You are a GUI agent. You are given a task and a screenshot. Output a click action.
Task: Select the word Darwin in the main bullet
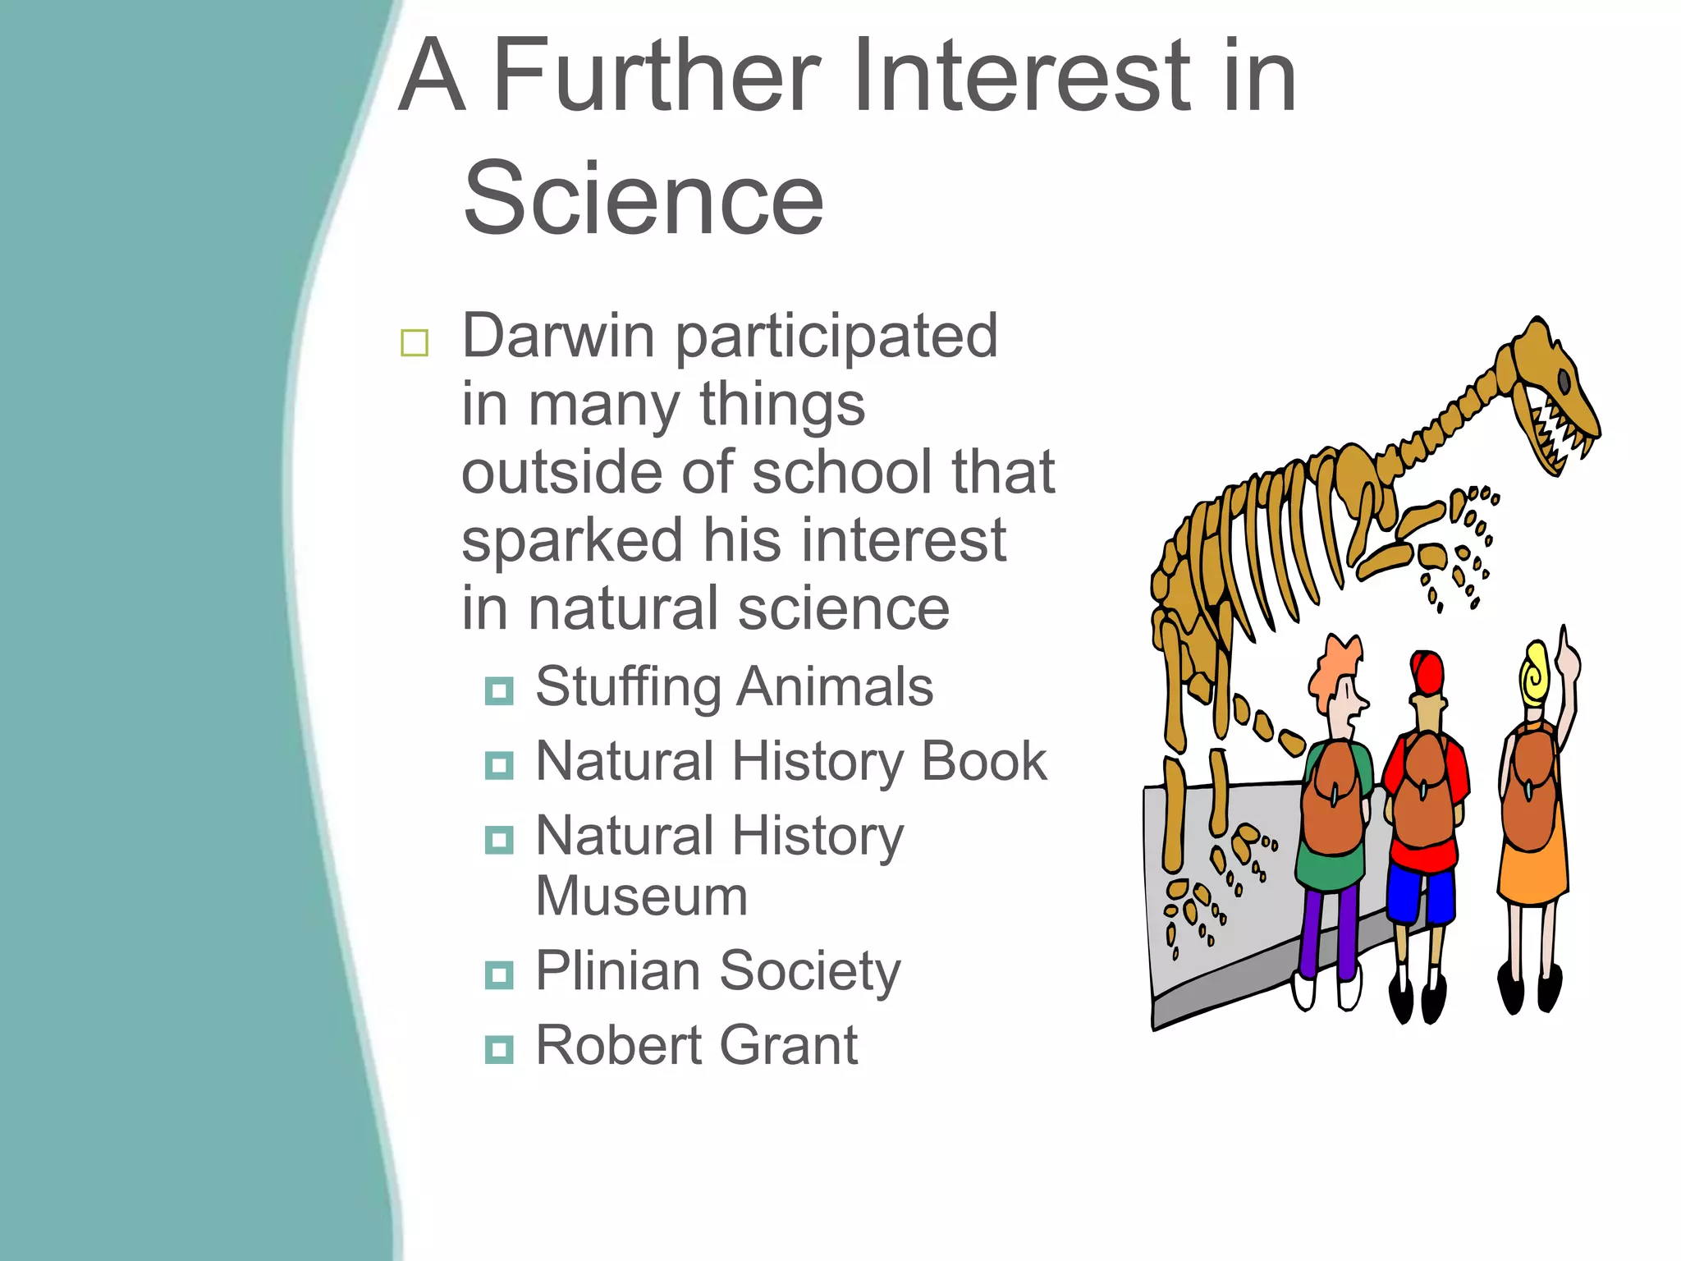(557, 336)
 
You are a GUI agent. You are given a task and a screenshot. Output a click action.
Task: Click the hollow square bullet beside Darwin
(415, 342)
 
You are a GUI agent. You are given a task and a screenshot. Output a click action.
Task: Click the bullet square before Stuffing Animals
(499, 690)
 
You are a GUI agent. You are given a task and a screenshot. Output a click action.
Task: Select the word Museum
(641, 896)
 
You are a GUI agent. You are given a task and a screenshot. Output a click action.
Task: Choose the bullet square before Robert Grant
(499, 1049)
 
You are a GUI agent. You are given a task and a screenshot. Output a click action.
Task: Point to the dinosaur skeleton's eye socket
(1564, 380)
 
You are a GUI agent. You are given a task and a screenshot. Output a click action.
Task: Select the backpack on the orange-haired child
(1333, 800)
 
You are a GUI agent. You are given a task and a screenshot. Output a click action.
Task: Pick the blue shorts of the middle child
(1420, 895)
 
